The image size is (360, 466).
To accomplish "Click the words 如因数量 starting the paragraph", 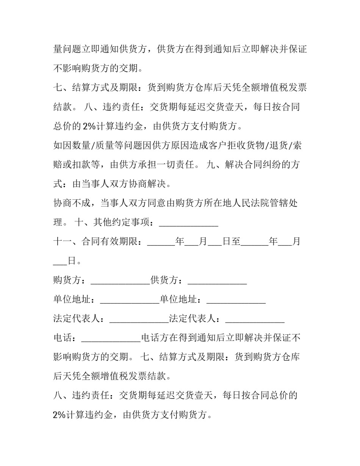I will click(x=72, y=146).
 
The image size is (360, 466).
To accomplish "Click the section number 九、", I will click(x=216, y=165).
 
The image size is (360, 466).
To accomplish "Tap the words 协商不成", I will click(x=72, y=203).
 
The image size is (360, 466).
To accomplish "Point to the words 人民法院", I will click(x=245, y=203).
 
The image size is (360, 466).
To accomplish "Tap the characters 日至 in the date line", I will click(x=231, y=242).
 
